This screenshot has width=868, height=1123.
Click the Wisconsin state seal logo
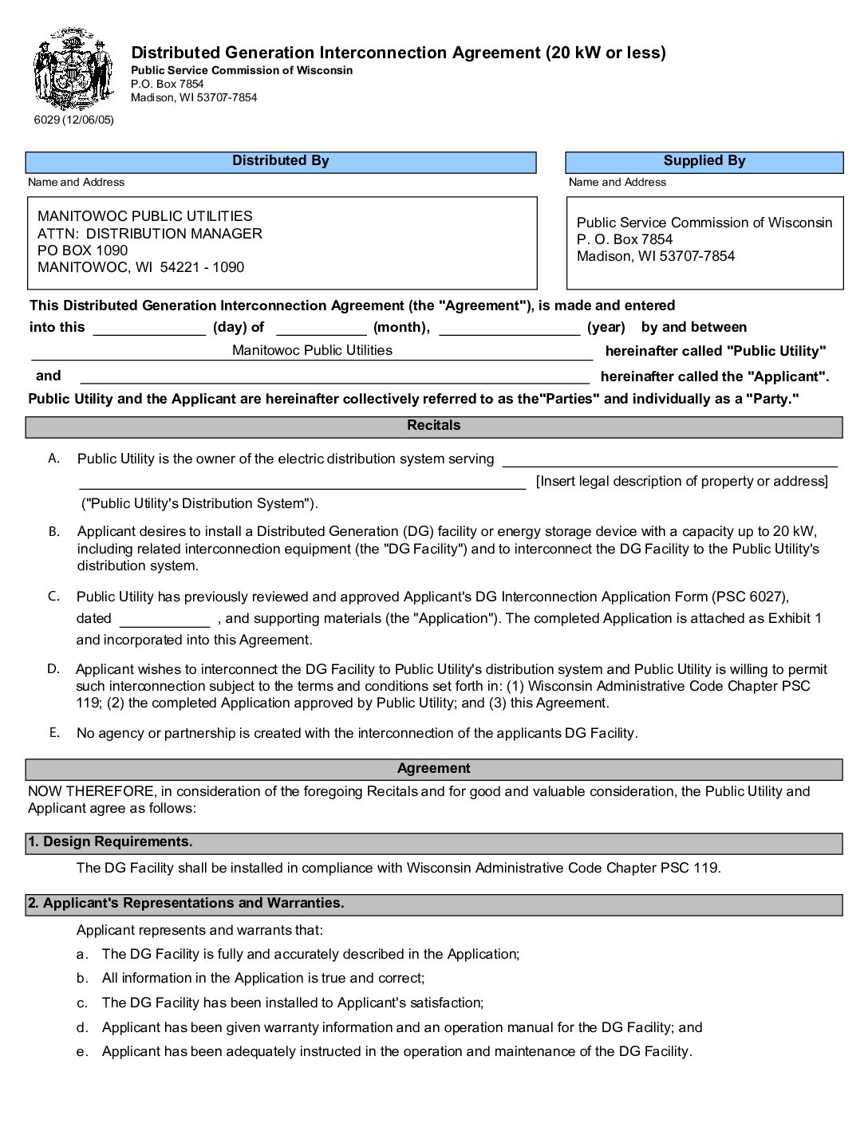coord(73,69)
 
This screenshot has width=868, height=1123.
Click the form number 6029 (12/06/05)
coord(74,120)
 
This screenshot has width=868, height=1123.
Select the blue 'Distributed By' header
coord(281,162)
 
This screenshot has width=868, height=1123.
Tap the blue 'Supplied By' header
coord(704,162)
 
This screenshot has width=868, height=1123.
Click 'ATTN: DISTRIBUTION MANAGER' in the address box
coord(150,234)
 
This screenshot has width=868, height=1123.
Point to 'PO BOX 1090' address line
coord(82,250)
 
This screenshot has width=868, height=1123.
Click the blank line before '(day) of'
coord(149,329)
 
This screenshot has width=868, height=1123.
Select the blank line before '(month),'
coord(321,329)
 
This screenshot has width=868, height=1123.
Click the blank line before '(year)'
coord(510,329)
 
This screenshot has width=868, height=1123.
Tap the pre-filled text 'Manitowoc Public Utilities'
coord(312,350)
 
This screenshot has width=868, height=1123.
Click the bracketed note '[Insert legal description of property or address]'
coord(682,481)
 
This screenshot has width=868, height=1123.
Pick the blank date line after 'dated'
coord(165,620)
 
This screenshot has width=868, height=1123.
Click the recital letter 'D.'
coord(53,668)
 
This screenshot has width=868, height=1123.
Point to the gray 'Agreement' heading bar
coord(434,769)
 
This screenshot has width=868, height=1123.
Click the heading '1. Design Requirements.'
coord(110,842)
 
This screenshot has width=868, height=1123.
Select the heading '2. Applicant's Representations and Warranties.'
coord(186,904)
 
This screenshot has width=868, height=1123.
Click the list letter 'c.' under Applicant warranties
coord(82,1003)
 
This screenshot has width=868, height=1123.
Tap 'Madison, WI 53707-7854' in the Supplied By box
coord(656,256)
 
